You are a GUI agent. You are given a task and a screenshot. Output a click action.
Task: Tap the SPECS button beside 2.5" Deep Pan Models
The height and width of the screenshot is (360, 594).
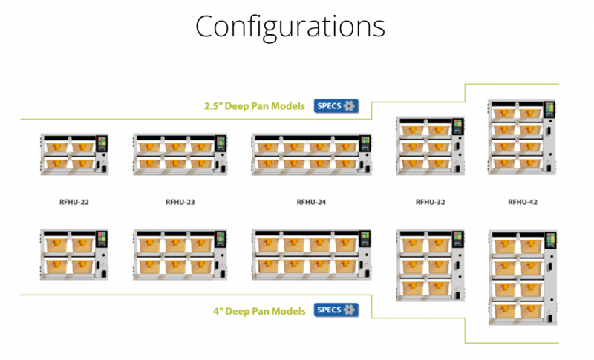coord(336,106)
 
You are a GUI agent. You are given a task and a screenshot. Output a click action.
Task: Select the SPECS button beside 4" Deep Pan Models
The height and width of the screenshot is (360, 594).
coord(336,310)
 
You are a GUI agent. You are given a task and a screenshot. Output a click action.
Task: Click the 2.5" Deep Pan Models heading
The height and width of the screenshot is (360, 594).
coord(255,107)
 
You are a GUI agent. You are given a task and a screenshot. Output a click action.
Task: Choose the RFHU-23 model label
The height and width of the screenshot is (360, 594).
coord(180,202)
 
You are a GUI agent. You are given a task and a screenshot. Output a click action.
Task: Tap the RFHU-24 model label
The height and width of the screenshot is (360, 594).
coord(311,202)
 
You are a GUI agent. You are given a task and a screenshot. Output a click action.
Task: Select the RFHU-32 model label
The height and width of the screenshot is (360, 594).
coord(430,202)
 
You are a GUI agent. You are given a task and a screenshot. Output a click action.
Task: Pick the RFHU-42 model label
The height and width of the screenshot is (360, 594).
coord(523,202)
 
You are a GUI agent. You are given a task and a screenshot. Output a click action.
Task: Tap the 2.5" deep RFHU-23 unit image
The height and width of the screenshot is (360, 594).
coord(180,154)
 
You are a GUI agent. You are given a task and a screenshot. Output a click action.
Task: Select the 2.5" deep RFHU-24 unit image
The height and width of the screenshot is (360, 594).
coord(311,154)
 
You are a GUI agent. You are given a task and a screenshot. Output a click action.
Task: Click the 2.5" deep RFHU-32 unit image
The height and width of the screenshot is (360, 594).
coord(430,145)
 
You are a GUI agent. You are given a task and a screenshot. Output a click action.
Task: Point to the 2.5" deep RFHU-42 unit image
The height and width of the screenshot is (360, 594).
coord(523,137)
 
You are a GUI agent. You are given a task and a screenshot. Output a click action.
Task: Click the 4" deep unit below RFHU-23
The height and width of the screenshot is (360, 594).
coord(180,255)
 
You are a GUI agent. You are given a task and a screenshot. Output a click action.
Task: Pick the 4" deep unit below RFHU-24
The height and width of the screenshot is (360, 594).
coord(311,255)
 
